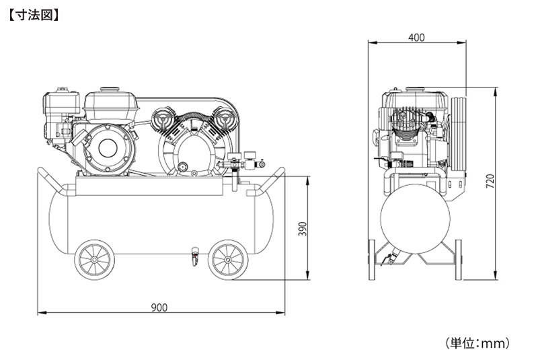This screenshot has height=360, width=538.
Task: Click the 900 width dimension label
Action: (x=159, y=308)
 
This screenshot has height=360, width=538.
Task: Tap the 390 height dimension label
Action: (x=302, y=229)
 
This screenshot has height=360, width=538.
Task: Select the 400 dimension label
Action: (x=416, y=37)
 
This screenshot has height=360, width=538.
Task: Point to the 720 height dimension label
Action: (x=490, y=181)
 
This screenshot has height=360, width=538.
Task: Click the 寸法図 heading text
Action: (x=33, y=15)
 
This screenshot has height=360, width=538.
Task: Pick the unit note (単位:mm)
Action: (x=477, y=343)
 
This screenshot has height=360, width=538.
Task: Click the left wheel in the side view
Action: (x=94, y=260)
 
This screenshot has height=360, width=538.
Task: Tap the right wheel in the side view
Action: (x=228, y=260)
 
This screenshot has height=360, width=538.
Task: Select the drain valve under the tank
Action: (x=195, y=256)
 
